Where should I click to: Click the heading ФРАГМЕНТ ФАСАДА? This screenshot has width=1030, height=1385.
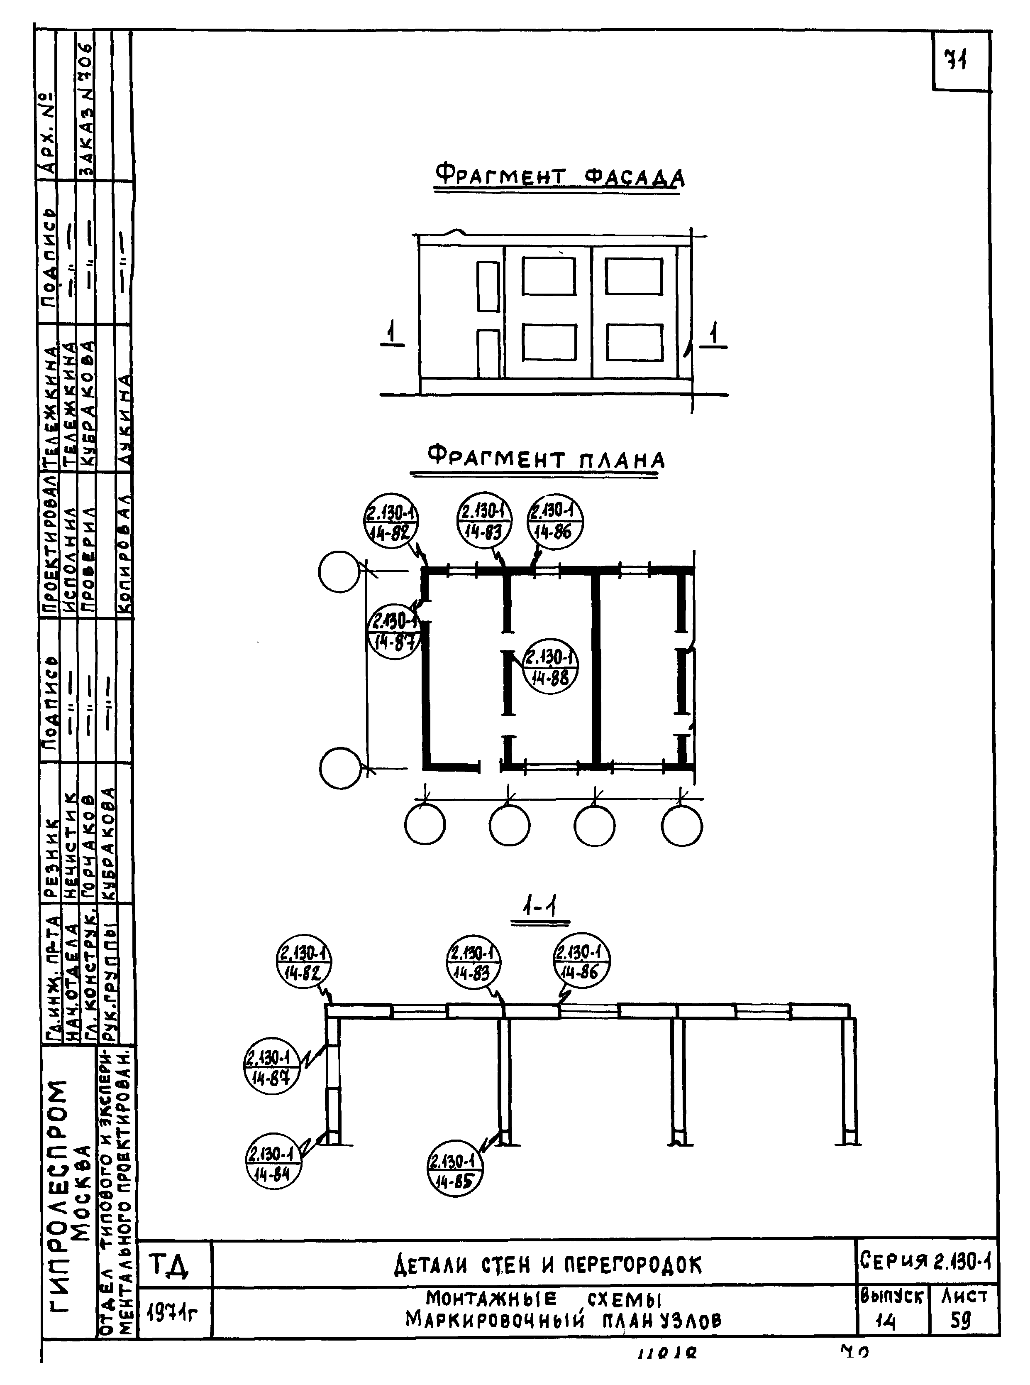pos(559,176)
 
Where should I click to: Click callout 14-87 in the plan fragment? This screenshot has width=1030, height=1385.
pos(394,631)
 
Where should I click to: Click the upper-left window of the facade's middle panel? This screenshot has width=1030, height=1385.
pos(548,276)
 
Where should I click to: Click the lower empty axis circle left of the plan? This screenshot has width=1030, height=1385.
pos(340,768)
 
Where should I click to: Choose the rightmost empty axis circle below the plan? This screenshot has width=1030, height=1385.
pos(681,825)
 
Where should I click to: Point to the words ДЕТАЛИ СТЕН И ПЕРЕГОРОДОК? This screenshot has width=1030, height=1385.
pos(547,1265)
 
